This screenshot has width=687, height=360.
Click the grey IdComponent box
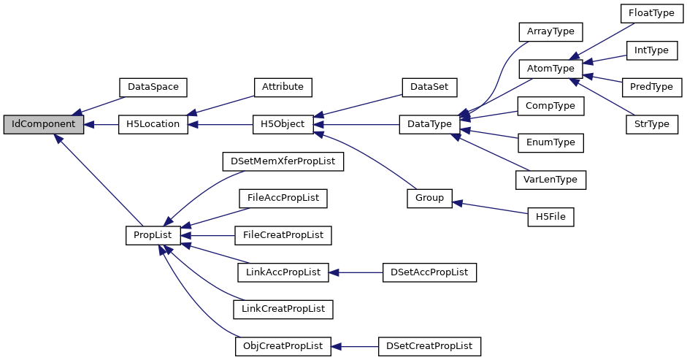click(43, 124)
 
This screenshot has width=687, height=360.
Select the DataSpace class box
click(153, 86)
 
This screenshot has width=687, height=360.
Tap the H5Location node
click(153, 124)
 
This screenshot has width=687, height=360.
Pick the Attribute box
click(283, 86)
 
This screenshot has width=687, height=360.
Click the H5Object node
click(283, 124)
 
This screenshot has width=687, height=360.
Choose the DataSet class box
click(429, 86)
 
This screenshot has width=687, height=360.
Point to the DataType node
click(429, 124)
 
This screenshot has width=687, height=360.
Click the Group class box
click(429, 198)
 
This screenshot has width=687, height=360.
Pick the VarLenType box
click(550, 179)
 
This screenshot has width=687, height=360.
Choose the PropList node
click(153, 235)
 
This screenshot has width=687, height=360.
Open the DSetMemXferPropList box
click(283, 161)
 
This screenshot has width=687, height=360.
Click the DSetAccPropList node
click(429, 272)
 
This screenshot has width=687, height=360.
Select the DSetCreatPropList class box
click(429, 346)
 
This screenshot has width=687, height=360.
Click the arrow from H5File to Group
click(490, 207)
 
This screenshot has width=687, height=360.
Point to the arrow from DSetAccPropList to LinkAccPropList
click(356, 272)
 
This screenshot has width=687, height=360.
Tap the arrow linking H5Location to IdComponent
click(101, 124)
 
